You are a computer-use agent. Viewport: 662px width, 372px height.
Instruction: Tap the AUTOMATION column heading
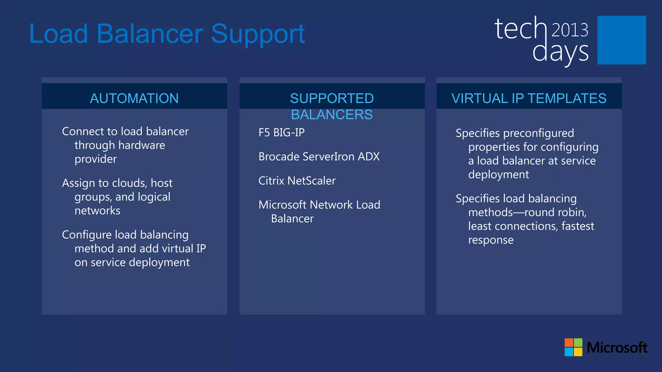pyautogui.click(x=134, y=98)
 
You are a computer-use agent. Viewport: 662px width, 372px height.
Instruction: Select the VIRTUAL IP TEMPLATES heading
pyautogui.click(x=529, y=98)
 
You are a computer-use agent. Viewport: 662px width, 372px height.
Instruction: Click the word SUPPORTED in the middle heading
pyautogui.click(x=332, y=98)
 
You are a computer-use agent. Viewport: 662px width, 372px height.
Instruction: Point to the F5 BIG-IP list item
pyautogui.click(x=281, y=132)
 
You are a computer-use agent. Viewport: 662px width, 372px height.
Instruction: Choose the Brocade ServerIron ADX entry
pyautogui.click(x=319, y=157)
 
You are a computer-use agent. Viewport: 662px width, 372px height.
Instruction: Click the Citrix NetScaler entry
pyautogui.click(x=297, y=181)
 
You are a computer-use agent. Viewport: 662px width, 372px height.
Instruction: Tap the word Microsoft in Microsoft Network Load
pyautogui.click(x=282, y=205)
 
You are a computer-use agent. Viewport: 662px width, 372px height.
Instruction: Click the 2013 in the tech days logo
pyautogui.click(x=570, y=30)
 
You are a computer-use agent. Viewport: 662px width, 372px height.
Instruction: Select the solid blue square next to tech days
pyautogui.click(x=621, y=40)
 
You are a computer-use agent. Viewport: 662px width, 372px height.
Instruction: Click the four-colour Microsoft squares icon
pyautogui.click(x=573, y=347)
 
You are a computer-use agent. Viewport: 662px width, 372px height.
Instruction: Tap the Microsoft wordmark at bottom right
pyautogui.click(x=617, y=348)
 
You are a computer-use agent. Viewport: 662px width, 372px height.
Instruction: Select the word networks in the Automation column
pyautogui.click(x=97, y=211)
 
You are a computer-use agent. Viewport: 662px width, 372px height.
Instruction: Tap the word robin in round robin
pyautogui.click(x=571, y=212)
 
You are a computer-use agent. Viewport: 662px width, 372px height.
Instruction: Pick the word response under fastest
pyautogui.click(x=491, y=240)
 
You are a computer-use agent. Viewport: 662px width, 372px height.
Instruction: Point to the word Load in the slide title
pyautogui.click(x=59, y=34)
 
